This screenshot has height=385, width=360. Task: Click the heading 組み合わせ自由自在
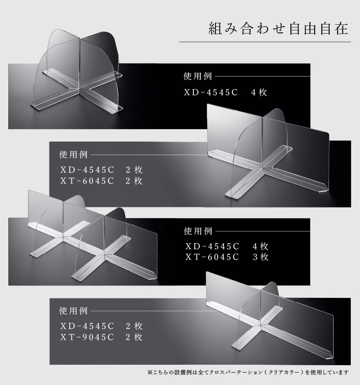pos(278,29)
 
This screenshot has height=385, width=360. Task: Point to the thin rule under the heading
pos(265,42)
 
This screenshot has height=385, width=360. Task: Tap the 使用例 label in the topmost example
pos(198,76)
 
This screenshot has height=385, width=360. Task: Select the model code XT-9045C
pos(87,337)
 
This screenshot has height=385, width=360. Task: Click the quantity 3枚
pos(260,257)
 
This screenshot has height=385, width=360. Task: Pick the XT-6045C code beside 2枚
pos(87,181)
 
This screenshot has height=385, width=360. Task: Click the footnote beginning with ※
pos(248,372)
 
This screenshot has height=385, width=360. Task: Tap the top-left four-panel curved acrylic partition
pos(78,71)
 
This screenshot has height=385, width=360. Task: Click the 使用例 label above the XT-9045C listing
pos(73,311)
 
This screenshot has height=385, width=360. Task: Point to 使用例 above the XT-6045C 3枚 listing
pos(198,231)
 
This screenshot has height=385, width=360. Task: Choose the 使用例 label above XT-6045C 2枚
pos(73,154)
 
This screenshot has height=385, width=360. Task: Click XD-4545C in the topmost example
pos(211,92)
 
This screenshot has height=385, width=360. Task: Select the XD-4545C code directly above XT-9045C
pos(87,326)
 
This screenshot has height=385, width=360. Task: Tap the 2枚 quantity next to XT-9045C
pos(134,337)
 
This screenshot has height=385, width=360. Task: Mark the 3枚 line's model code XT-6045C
pos(212,257)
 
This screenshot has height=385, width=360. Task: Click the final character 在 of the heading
pos(342,29)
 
